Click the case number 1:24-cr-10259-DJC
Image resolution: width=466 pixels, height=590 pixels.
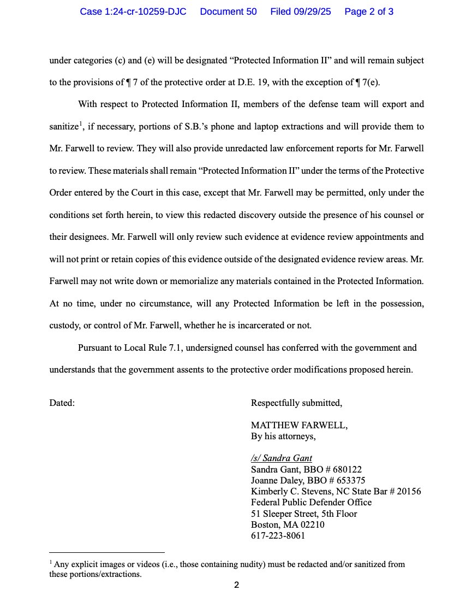(x=133, y=11)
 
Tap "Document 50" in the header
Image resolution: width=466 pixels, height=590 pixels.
(x=228, y=11)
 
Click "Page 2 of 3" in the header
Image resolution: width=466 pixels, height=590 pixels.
(x=369, y=11)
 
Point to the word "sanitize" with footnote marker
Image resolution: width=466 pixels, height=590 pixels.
(x=64, y=127)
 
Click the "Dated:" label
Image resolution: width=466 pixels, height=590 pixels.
(x=62, y=403)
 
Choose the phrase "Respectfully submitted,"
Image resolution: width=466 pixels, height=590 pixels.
(x=296, y=403)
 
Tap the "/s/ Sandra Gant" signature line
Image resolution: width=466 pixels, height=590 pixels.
(x=282, y=458)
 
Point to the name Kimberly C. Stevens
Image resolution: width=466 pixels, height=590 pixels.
(x=288, y=491)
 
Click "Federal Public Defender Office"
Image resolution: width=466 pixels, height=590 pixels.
(x=311, y=502)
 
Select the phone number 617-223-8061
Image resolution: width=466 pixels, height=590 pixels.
(x=278, y=535)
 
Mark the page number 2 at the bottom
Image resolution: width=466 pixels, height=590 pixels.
(x=236, y=585)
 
